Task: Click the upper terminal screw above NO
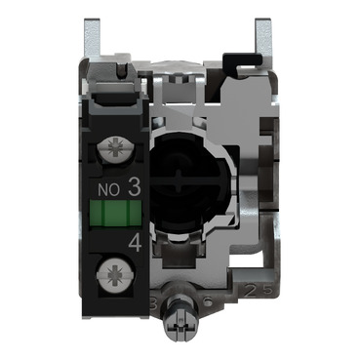pos(114,150)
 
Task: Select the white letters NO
pos(110,182)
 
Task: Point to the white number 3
pos(134,181)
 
